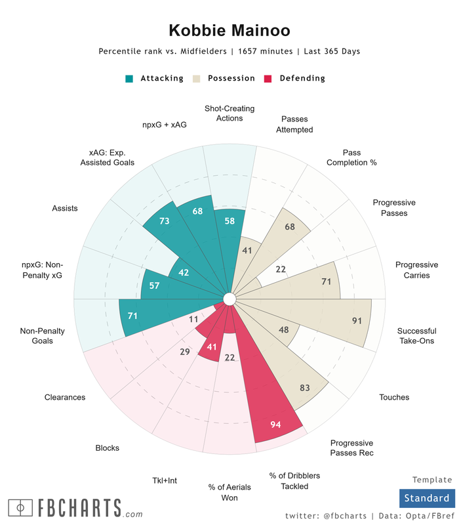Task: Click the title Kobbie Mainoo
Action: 229,30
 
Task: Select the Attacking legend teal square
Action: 129,79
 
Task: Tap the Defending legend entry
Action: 295,78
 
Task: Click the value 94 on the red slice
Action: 276,425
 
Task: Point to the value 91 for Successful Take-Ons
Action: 357,321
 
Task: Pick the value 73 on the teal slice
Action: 164,221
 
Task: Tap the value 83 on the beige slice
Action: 305,388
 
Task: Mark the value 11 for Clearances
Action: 193,319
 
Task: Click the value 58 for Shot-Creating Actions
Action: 229,221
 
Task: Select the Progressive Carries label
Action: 412,270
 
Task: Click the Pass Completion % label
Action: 351,157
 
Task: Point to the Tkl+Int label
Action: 164,480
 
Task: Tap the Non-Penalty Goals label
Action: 43,336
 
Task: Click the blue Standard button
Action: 426,498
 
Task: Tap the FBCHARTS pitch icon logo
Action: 21,508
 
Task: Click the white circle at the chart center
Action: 229,299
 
